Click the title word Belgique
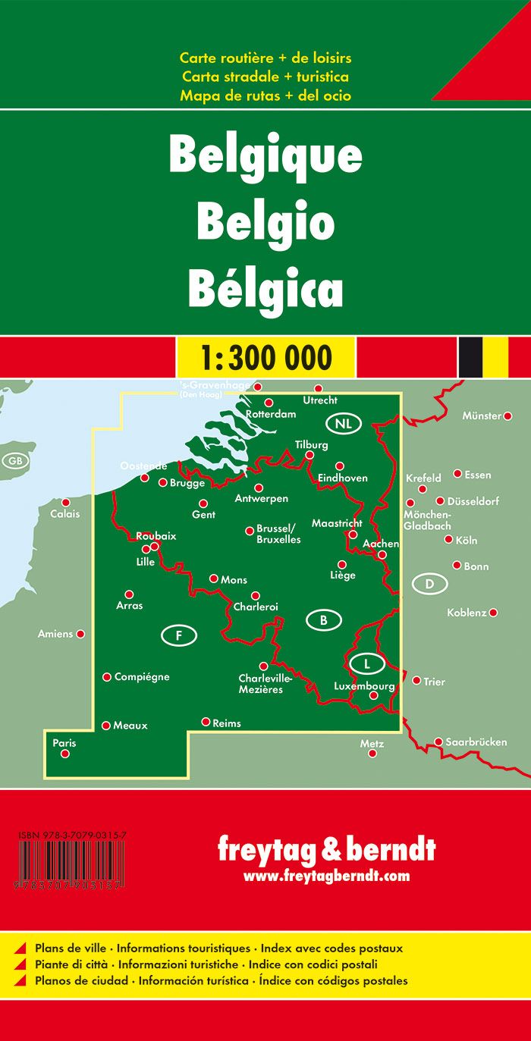click(265, 156)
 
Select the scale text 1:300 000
click(265, 356)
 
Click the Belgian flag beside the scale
click(482, 356)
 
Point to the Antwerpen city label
click(262, 499)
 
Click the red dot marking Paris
click(64, 754)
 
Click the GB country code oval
click(14, 460)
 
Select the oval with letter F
click(179, 635)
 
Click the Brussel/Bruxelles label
click(278, 535)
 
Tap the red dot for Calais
click(66, 503)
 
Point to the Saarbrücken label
click(476, 742)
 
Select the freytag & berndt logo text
click(326, 850)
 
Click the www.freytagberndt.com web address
click(326, 876)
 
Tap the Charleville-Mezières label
click(260, 684)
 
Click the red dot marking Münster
click(508, 415)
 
